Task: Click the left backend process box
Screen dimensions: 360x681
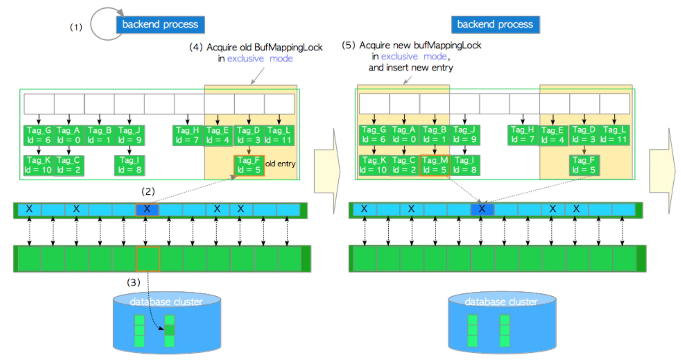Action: (x=160, y=25)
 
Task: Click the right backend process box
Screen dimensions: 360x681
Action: (x=495, y=25)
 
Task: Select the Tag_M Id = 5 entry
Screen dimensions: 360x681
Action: (x=434, y=165)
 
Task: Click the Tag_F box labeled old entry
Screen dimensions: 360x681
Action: (x=249, y=165)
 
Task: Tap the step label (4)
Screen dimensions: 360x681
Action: (x=195, y=47)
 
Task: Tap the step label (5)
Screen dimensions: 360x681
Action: (x=348, y=45)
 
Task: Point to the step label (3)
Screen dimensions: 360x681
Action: (x=133, y=282)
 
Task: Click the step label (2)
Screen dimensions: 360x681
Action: (x=148, y=191)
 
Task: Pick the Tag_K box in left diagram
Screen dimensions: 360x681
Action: (x=38, y=165)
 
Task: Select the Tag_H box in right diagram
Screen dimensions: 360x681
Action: (x=522, y=135)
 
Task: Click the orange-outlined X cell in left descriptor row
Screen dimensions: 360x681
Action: (x=147, y=209)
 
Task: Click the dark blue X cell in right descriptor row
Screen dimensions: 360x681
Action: (x=482, y=209)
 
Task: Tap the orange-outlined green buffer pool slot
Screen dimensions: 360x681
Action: (x=148, y=259)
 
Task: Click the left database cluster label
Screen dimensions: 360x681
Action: (x=166, y=301)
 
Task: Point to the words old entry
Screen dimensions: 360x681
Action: (x=280, y=164)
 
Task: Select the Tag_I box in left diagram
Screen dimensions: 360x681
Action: (x=129, y=165)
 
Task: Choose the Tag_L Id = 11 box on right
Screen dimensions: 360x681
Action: (x=614, y=135)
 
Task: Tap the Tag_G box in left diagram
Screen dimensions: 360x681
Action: (x=39, y=135)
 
